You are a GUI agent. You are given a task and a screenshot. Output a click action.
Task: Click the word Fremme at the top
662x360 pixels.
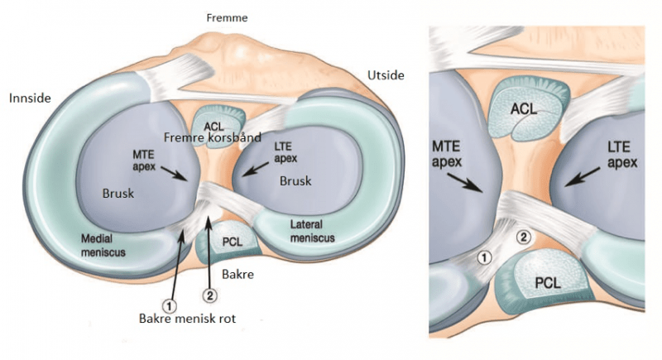[226, 17]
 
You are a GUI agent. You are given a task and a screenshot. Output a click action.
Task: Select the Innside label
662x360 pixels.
[31, 98]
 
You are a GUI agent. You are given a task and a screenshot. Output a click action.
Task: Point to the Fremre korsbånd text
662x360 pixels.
[203, 137]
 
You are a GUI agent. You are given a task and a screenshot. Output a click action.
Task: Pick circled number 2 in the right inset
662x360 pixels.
[523, 238]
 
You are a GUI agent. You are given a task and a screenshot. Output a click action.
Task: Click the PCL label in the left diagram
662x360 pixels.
[233, 244]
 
